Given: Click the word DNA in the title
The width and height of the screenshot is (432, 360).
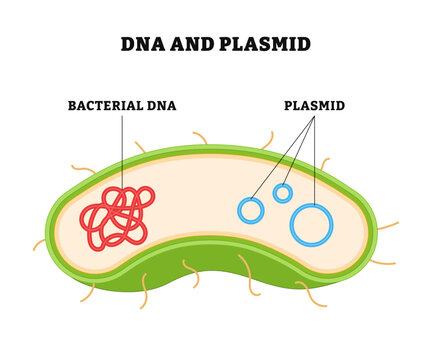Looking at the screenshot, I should click(x=140, y=44).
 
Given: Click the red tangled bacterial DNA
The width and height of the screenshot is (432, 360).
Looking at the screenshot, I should click(x=114, y=218).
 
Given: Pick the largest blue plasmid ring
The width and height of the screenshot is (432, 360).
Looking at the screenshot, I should click(x=311, y=224).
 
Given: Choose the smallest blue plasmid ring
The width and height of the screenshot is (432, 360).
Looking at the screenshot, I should click(x=283, y=193).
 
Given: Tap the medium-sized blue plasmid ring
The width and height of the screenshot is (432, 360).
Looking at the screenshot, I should click(x=250, y=210).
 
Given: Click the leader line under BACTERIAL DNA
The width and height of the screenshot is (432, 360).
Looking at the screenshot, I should click(x=122, y=150).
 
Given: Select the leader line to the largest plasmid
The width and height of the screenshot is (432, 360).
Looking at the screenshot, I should click(x=314, y=160).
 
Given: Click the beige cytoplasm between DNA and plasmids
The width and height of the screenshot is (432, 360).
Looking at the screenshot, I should click(x=195, y=210).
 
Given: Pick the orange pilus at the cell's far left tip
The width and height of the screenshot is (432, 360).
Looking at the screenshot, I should click(x=38, y=244).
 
